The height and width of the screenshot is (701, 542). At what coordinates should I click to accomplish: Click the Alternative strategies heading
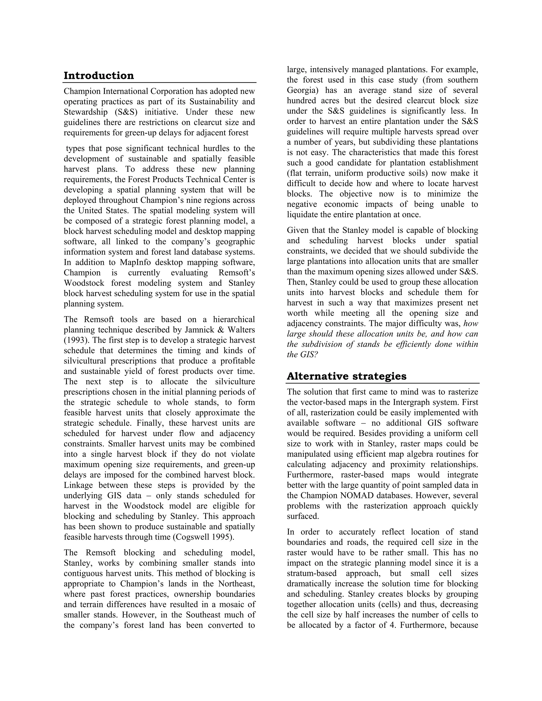pyautogui.click(x=346, y=376)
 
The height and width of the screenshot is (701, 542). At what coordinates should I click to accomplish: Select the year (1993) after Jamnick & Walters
pyautogui.click(x=74, y=340)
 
